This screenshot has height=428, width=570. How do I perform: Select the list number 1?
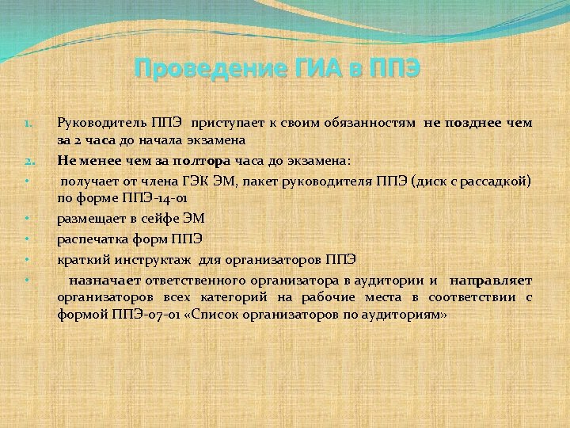[x=26, y=124]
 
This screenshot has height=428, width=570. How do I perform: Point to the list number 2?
[x=26, y=159]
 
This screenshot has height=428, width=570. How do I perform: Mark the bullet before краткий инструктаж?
[x=26, y=258]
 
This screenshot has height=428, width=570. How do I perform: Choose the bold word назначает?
[x=103, y=280]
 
